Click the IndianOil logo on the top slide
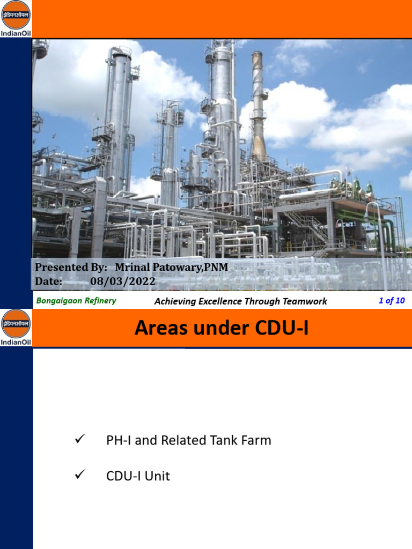(16, 18)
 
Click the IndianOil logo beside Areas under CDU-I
(16, 328)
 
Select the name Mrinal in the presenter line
(131, 267)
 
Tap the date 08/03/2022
(122, 281)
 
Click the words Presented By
(68, 267)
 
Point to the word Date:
(48, 281)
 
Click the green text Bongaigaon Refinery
(76, 301)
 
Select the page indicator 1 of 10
(392, 301)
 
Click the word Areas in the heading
(160, 328)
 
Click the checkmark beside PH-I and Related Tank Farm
(80, 440)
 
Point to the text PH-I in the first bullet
(119, 441)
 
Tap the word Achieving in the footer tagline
(175, 301)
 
